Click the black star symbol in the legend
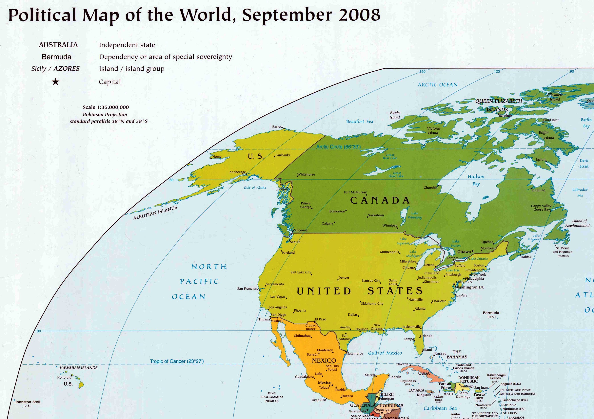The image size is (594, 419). click(x=56, y=82)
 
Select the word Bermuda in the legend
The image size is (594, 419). click(x=56, y=57)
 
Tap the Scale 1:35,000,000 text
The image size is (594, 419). click(x=106, y=107)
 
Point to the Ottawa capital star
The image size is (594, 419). click(x=472, y=251)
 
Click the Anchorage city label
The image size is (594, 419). click(x=237, y=172)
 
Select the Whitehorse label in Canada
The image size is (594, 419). click(x=306, y=174)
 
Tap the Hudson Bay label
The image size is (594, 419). click(x=476, y=180)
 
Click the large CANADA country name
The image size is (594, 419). click(x=380, y=200)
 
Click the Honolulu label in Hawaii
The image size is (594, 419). click(x=64, y=378)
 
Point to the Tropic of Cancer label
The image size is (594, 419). click(x=177, y=361)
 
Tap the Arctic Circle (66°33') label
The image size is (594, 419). click(x=338, y=147)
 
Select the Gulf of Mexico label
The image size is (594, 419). click(x=385, y=353)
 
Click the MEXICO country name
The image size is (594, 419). click(x=324, y=361)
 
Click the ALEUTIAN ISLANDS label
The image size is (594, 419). click(x=155, y=213)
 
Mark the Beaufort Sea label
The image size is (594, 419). click(x=360, y=121)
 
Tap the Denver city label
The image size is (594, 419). click(x=344, y=278)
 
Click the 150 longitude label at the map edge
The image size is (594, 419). click(x=422, y=72)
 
